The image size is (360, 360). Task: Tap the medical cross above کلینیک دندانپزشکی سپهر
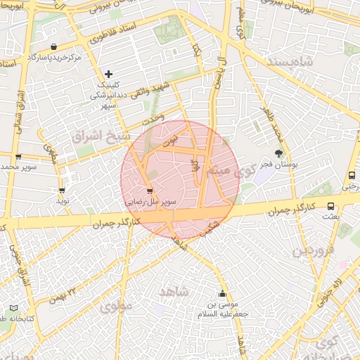click(x=108, y=73)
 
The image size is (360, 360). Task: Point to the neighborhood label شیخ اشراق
click(x=98, y=134)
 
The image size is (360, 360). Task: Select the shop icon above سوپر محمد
click(x=18, y=157)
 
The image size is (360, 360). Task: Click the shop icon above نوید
click(x=62, y=190)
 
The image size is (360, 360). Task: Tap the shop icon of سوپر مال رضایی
click(x=149, y=191)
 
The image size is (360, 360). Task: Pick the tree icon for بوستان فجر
click(x=279, y=153)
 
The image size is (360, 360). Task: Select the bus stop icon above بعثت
click(x=351, y=176)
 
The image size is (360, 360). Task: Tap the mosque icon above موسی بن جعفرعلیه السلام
click(x=223, y=294)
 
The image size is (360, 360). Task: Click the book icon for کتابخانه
click(x=14, y=308)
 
